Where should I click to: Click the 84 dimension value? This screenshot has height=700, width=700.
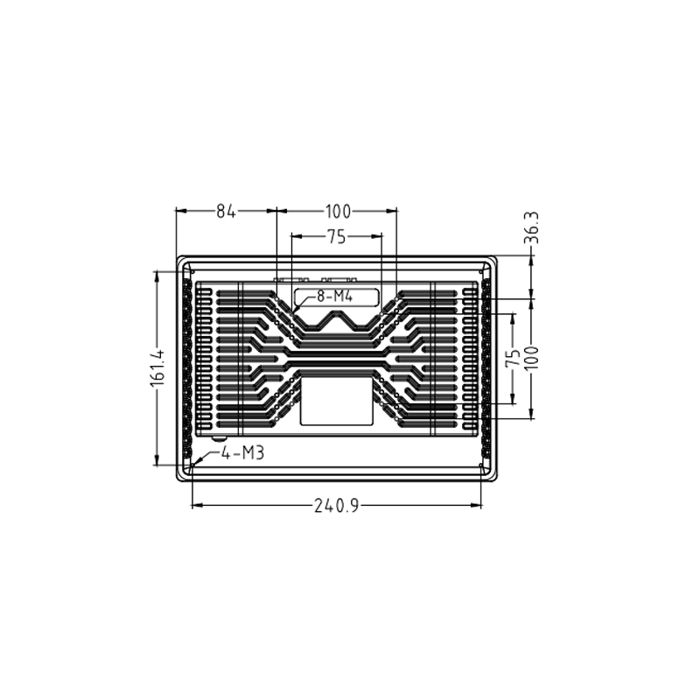tap(227, 211)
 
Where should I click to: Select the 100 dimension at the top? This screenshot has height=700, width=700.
tap(338, 211)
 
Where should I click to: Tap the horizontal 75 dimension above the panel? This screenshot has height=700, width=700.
tap(336, 236)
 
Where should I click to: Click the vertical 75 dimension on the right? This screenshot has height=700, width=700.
tap(514, 357)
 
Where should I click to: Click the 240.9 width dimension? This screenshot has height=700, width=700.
tap(337, 506)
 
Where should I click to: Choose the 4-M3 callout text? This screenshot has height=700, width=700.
tap(242, 452)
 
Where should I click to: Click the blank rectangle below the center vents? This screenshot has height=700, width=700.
tap(336, 401)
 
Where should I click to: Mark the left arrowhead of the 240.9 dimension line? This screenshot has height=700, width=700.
tap(194, 505)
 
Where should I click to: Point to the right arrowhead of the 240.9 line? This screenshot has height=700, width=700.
tap(479, 505)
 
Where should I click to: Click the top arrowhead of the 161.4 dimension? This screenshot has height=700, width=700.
tap(157, 274)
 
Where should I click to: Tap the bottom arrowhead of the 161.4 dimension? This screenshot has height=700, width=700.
tap(157, 463)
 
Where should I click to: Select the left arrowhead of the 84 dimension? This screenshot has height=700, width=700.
tap(178, 211)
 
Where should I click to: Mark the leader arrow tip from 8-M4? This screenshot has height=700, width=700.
tap(295, 308)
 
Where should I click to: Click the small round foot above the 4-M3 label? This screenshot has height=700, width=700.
tap(218, 435)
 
